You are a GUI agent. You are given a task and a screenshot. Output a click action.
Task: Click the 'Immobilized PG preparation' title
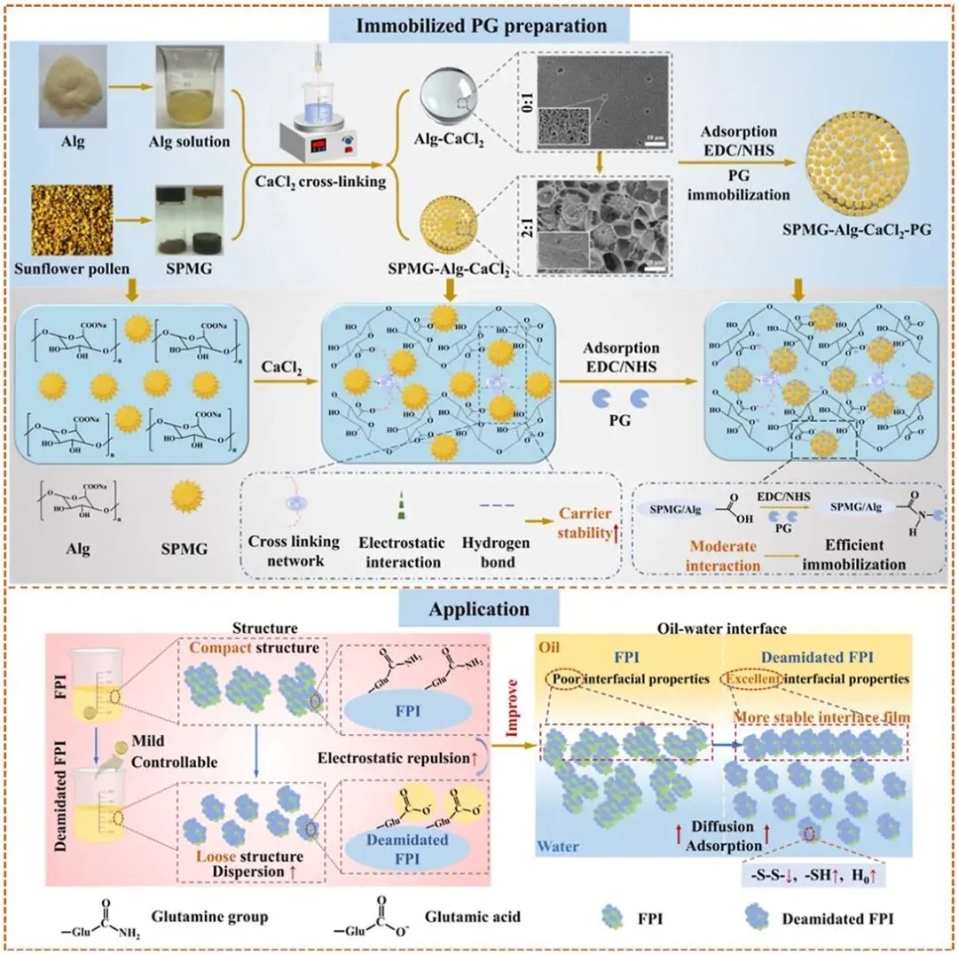(482, 25)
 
